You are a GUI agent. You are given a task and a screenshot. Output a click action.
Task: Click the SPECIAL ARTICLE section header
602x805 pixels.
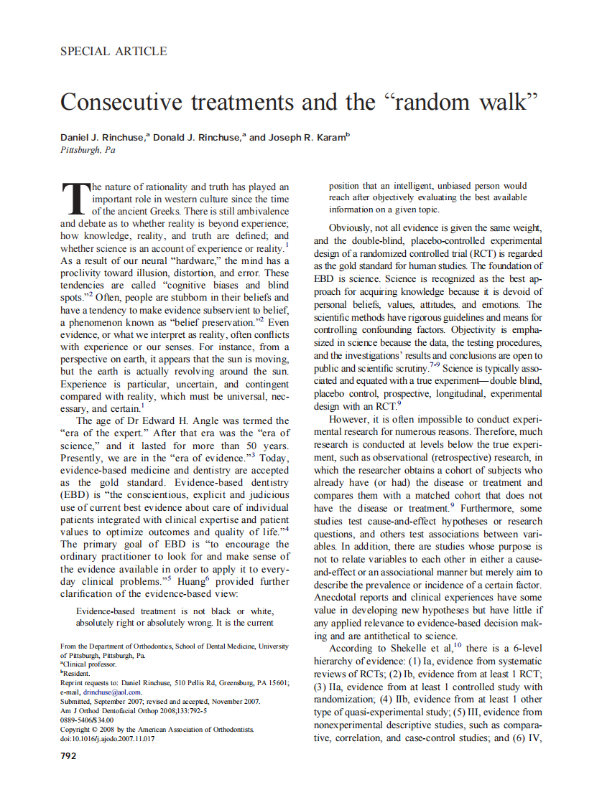click(114, 52)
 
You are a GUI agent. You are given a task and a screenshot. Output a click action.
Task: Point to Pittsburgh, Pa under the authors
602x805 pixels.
click(88, 151)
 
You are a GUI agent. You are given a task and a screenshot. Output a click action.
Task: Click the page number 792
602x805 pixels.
click(70, 755)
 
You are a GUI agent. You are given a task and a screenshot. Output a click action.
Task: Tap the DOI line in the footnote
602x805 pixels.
click(107, 738)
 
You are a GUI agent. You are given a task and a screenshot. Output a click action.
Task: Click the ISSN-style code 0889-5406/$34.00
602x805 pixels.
click(87, 720)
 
